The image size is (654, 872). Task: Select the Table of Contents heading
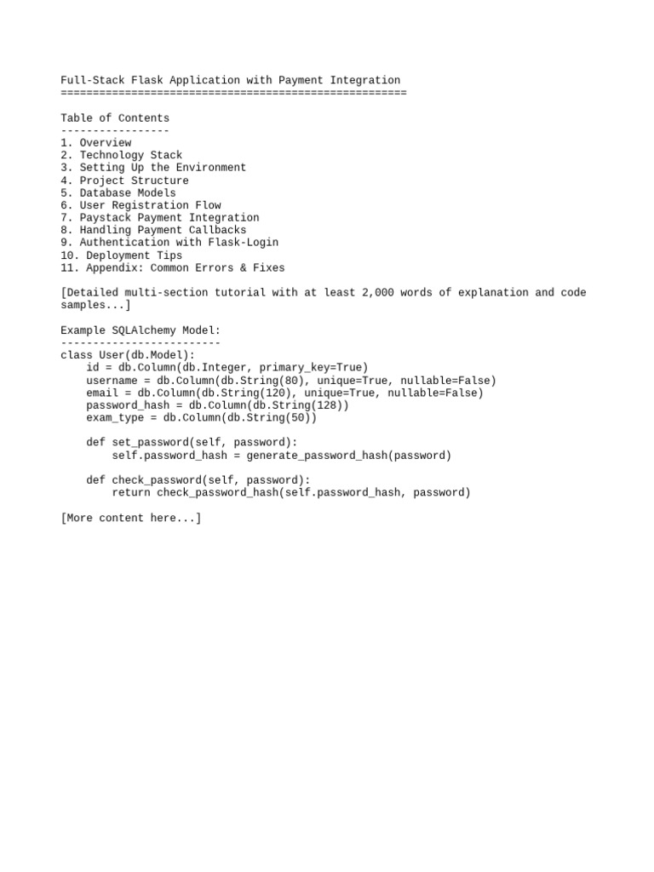[115, 118]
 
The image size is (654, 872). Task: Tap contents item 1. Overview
[96, 143]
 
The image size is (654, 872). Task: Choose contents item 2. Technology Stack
[122, 155]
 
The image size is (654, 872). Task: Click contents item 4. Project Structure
[124, 181]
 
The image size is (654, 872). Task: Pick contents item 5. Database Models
[118, 192]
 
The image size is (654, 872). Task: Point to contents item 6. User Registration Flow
[141, 205]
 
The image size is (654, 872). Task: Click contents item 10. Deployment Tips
[122, 255]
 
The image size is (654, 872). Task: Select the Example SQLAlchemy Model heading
[141, 330]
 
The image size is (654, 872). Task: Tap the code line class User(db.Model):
[128, 354]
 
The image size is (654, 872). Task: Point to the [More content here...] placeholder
[131, 517]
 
